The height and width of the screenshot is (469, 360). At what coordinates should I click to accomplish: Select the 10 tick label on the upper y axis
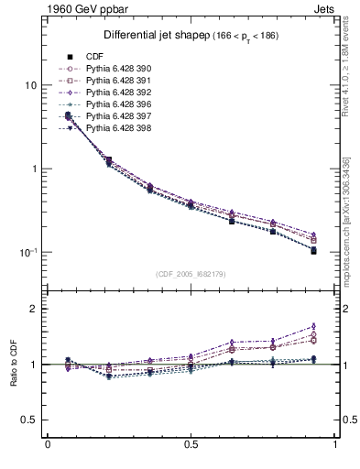[29, 85]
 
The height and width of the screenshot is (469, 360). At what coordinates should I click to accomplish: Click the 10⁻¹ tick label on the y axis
[27, 252]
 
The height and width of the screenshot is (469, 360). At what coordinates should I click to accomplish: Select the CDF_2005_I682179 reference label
[191, 274]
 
